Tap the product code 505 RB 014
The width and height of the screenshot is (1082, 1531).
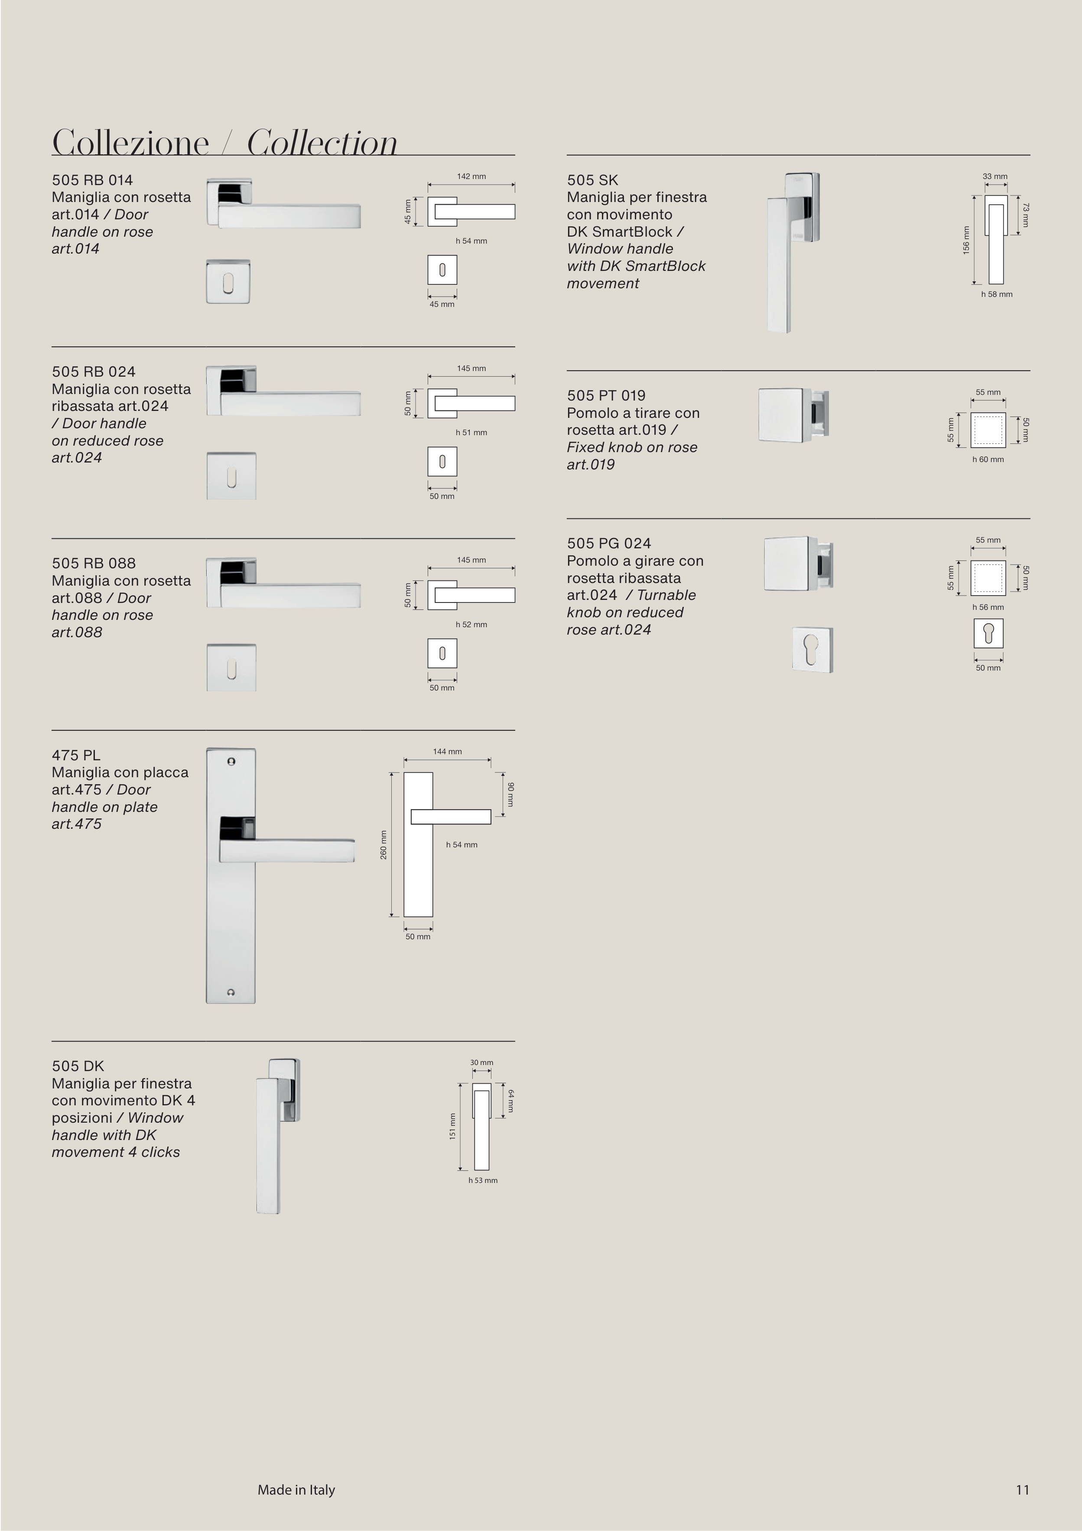coord(92,180)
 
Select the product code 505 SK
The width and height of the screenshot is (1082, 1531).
coord(593,180)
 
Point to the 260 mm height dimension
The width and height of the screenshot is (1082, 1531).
coord(383,844)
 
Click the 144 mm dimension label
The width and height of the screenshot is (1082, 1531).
coord(447,752)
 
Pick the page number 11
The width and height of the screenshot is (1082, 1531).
coord(1023,1490)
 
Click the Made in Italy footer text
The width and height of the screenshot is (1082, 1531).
coord(296,1490)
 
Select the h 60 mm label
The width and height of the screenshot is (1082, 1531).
coord(988,459)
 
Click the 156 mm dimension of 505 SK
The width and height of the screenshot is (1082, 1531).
coord(966,239)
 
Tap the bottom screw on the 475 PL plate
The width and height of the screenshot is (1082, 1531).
coord(231,993)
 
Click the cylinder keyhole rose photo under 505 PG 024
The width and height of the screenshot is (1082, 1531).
coord(812,649)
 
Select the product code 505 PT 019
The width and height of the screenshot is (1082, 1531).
coord(606,395)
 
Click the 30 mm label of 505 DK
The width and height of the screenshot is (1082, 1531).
coord(481,1062)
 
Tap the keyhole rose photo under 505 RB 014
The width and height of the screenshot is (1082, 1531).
coord(228,281)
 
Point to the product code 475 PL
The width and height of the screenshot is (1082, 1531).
coord(76,755)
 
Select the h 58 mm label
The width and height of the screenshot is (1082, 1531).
coord(997,294)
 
